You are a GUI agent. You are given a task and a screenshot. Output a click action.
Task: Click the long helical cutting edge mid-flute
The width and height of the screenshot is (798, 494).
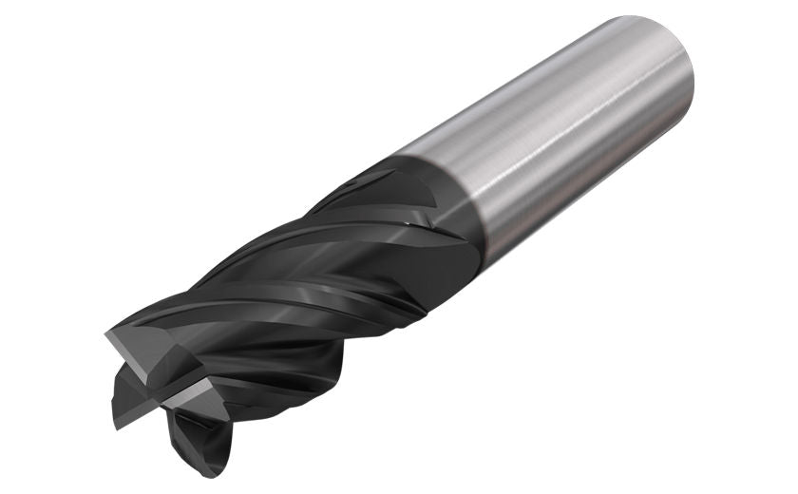pos(285,285)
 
